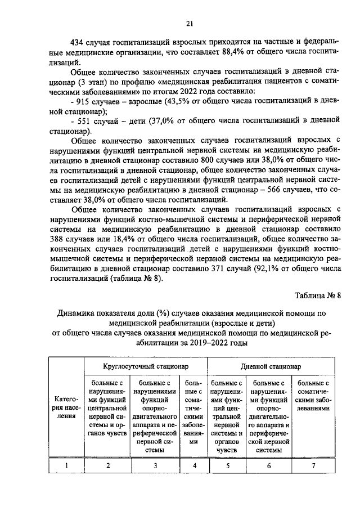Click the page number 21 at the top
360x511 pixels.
pos(189,23)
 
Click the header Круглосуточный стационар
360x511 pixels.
pos(146,366)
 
